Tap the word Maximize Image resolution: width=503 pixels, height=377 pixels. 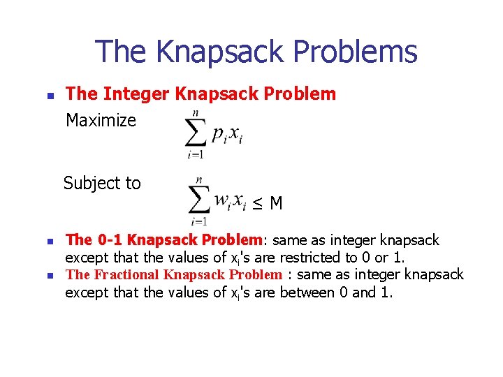click(x=101, y=121)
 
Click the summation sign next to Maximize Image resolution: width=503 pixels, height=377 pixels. click(x=196, y=134)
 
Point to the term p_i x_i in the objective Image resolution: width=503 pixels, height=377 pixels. click(x=227, y=135)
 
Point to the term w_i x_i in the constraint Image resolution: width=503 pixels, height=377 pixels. click(x=230, y=202)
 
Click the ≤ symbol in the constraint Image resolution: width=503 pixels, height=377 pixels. click(x=258, y=204)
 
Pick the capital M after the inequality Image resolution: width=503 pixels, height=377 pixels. click(x=276, y=204)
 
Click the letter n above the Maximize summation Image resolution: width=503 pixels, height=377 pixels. click(x=196, y=112)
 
